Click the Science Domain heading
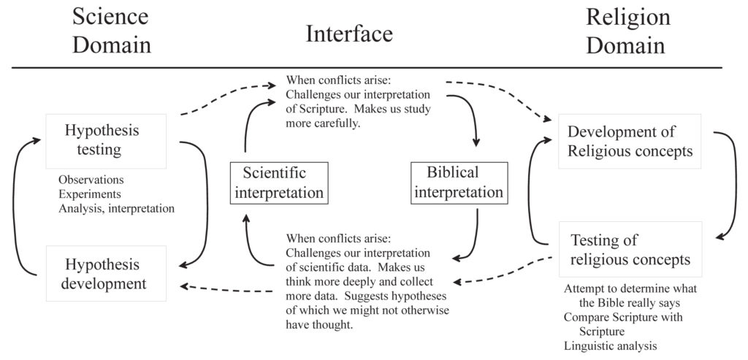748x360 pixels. (112, 31)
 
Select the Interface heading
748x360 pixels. (349, 34)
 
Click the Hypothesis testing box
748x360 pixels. (106, 141)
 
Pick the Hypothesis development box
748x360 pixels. (106, 273)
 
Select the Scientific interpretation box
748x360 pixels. (279, 183)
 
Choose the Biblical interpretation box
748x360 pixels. (459, 183)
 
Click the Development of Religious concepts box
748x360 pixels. (630, 141)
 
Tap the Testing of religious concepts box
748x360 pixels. (630, 250)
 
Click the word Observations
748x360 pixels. (91, 180)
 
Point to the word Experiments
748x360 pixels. (90, 194)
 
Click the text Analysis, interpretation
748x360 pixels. (116, 209)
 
